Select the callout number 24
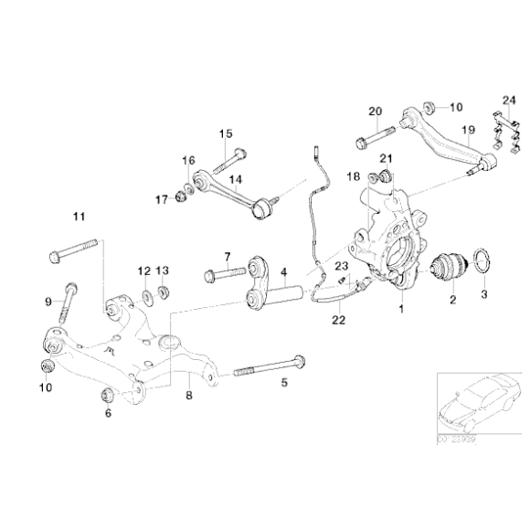(509, 100)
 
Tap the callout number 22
(339, 320)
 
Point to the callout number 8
(188, 397)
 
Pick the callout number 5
(283, 383)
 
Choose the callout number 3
(485, 294)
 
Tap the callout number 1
(399, 309)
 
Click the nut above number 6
(106, 396)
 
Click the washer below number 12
(145, 298)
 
